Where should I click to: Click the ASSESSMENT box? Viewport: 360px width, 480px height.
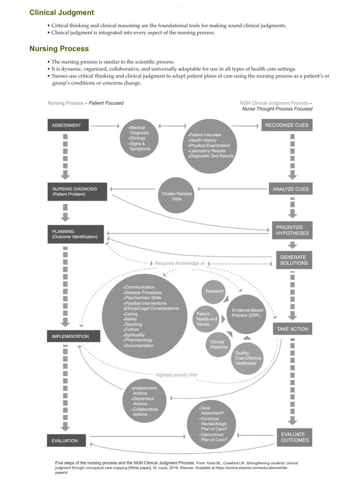tap(67, 126)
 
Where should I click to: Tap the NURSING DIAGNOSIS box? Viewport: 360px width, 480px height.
tap(77, 191)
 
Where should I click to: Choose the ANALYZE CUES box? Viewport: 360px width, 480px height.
tap(292, 190)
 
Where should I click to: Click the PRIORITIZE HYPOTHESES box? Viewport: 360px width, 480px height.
tap(292, 230)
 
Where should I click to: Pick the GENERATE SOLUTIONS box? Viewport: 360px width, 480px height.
tap(293, 260)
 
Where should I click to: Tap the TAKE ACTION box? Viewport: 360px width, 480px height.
tap(292, 329)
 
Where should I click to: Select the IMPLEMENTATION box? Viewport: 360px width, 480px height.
tap(74, 337)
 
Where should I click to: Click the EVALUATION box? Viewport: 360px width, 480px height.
tap(68, 441)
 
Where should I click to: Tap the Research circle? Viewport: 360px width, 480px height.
tap(214, 291)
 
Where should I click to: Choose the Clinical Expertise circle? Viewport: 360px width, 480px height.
tap(217, 345)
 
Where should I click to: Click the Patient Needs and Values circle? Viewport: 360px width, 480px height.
tap(207, 319)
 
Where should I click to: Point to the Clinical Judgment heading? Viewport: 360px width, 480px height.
tap(61, 13)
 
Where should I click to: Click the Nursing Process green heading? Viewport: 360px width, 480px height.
tap(59, 48)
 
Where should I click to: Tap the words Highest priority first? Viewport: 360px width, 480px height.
tap(176, 375)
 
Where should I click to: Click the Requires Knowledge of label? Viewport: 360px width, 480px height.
tap(180, 263)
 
